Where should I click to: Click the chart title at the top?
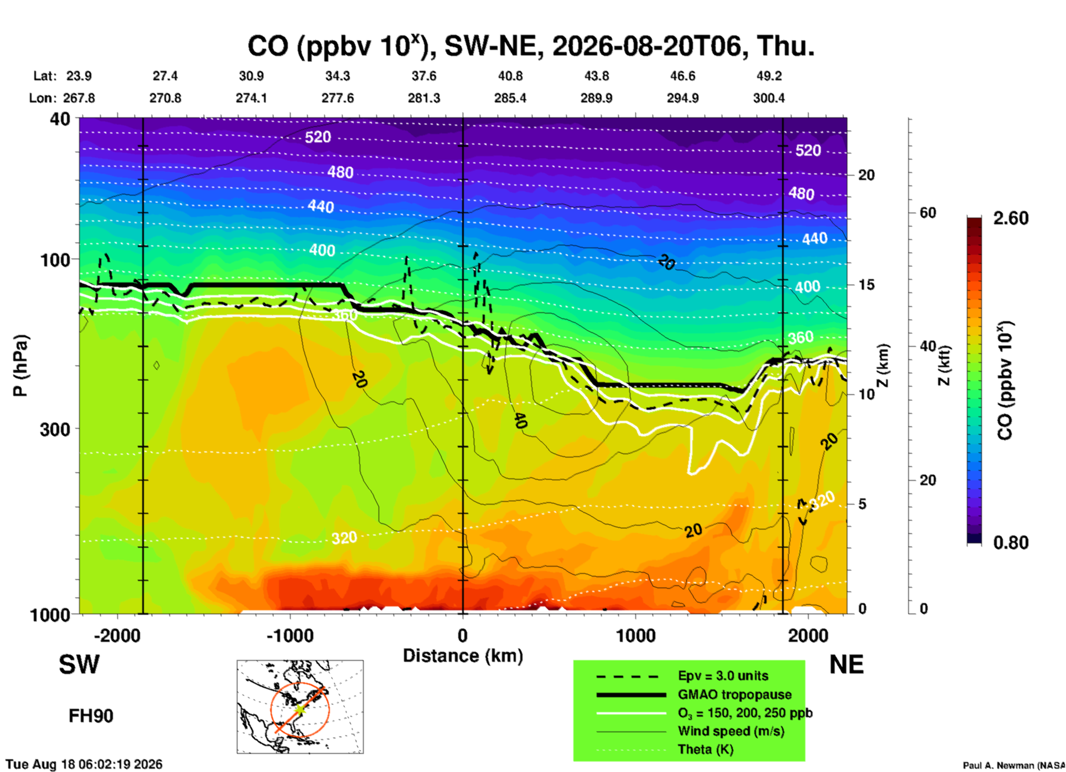tap(531, 45)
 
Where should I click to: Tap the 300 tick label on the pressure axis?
tap(55, 429)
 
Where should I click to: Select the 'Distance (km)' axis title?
tap(463, 656)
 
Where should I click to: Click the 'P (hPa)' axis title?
tap(20, 366)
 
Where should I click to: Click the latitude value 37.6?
tap(424, 76)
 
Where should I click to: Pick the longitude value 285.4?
tap(510, 98)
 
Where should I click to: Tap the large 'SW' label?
tap(79, 665)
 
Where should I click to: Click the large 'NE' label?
tap(846, 665)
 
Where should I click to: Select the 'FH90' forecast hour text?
tap(91, 716)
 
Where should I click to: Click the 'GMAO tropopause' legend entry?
tap(734, 694)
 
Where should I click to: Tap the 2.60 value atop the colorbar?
tap(1011, 218)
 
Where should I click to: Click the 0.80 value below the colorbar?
tap(1011, 543)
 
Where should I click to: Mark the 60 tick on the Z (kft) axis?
tap(928, 213)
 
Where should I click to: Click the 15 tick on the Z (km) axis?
tap(866, 285)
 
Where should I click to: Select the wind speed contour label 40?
tap(519, 421)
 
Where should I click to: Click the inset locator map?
tap(300, 707)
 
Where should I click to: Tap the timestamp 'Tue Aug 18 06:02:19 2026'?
tap(84, 764)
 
